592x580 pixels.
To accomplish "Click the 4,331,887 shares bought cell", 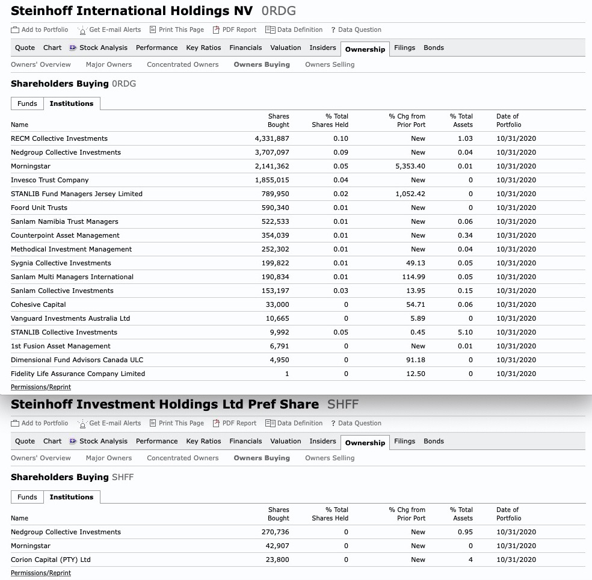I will [272, 138].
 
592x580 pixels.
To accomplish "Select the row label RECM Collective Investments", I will [59, 138].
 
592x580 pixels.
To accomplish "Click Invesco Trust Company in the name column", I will [49, 180].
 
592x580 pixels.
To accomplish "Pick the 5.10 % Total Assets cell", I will [464, 332].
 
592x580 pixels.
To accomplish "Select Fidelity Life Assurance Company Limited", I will [78, 374].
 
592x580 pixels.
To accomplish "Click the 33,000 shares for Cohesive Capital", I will [277, 304].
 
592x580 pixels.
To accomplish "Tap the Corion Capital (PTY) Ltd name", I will [51, 560].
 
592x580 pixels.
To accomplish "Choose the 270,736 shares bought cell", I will [276, 532].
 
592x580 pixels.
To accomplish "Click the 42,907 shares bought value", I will [277, 546].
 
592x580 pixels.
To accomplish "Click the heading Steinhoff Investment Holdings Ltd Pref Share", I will [165, 404].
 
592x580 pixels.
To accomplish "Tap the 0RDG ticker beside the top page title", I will [279, 11].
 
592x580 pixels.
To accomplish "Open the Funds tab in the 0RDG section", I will [27, 103].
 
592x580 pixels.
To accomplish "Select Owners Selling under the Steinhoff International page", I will [330, 64].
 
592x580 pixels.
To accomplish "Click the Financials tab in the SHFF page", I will [245, 441].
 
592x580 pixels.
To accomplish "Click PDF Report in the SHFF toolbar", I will [239, 423].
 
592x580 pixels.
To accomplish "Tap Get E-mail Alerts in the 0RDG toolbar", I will [114, 29].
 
